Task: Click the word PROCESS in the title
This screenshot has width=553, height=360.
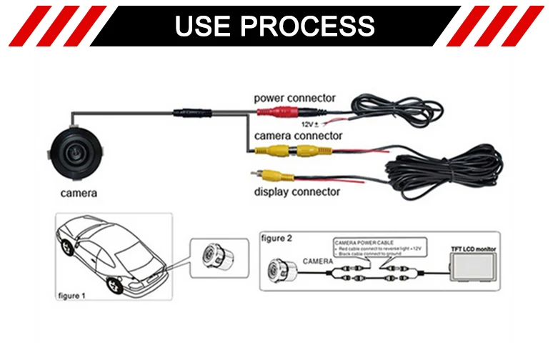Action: tap(307, 25)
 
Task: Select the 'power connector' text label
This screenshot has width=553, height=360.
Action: tap(294, 98)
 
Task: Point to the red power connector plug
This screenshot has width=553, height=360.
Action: tap(279, 112)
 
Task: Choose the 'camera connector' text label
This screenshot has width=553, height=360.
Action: tap(298, 135)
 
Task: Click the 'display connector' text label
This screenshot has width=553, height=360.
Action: tap(297, 191)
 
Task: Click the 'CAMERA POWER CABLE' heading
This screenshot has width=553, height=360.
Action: tap(365, 243)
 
